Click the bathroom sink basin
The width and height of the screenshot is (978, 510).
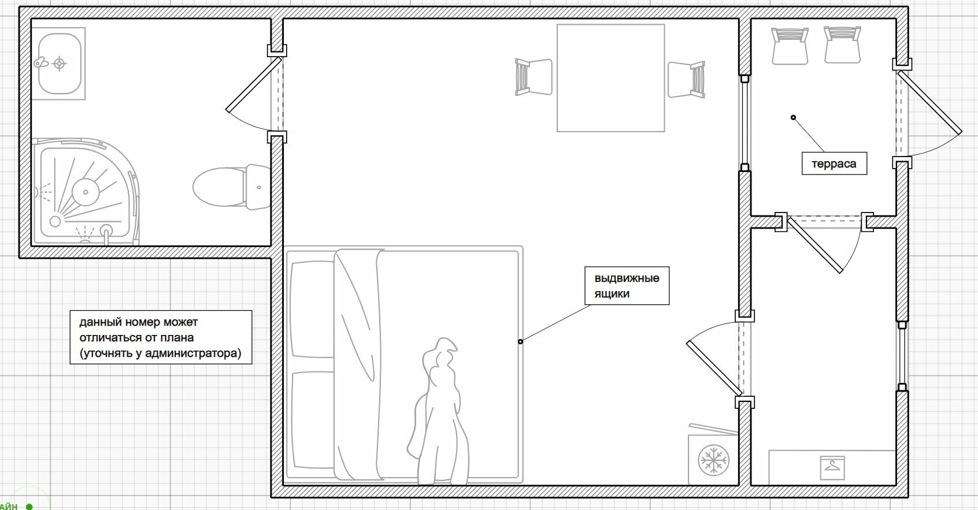pos(60,64)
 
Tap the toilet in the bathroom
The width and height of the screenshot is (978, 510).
pos(232,187)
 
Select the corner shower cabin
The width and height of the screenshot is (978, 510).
pos(86,192)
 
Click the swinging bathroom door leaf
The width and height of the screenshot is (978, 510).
pos(254,84)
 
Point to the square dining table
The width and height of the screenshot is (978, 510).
pos(610,77)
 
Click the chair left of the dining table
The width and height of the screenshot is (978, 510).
pos(534,77)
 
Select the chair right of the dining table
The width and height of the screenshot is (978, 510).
pos(686,79)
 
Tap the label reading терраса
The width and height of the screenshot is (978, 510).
pos(834,163)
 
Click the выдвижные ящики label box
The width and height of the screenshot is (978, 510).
pos(627,286)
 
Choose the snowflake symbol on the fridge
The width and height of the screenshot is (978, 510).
pos(713,459)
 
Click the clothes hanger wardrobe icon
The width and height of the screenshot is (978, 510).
pos(832,468)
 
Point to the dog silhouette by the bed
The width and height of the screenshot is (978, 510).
pos(439,411)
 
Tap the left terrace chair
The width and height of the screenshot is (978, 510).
pos(790,46)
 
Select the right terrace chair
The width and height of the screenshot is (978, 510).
pos(842,44)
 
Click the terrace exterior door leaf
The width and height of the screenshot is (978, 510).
pos(929,103)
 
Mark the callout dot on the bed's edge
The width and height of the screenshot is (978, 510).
pos(520,341)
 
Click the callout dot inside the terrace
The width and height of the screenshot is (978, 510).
pos(793,117)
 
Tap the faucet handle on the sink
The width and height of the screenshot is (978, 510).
pos(41,62)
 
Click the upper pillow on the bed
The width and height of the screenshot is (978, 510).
pos(312,310)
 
